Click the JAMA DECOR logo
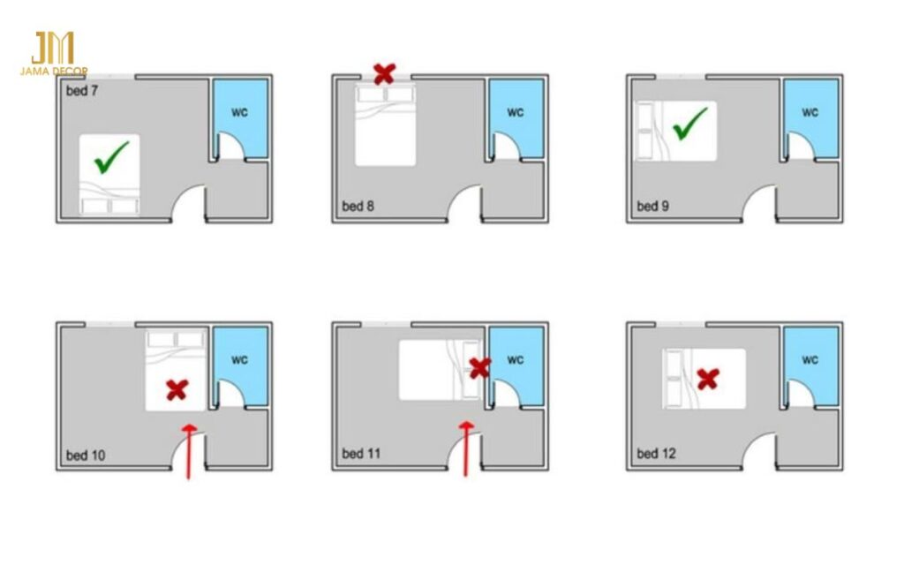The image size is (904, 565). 54,54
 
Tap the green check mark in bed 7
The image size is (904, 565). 111,157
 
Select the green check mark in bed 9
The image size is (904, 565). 690,124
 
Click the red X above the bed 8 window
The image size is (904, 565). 385,74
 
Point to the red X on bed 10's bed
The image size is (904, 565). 177,389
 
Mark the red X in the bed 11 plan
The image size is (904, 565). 479,368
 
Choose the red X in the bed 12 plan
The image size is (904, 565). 708,379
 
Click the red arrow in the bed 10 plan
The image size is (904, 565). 189,451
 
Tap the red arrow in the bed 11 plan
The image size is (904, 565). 466,449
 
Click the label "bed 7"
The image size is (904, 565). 82,91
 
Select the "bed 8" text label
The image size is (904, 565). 358,206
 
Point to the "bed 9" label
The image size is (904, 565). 652,206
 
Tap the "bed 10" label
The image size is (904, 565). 86,456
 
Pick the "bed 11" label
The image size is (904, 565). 361,454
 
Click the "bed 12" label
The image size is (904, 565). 656,454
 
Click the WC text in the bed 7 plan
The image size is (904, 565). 239,112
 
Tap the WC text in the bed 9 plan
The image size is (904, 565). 810,112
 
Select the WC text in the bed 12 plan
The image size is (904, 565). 810,360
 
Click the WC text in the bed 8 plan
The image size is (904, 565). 516,112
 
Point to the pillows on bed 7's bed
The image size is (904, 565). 109,206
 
